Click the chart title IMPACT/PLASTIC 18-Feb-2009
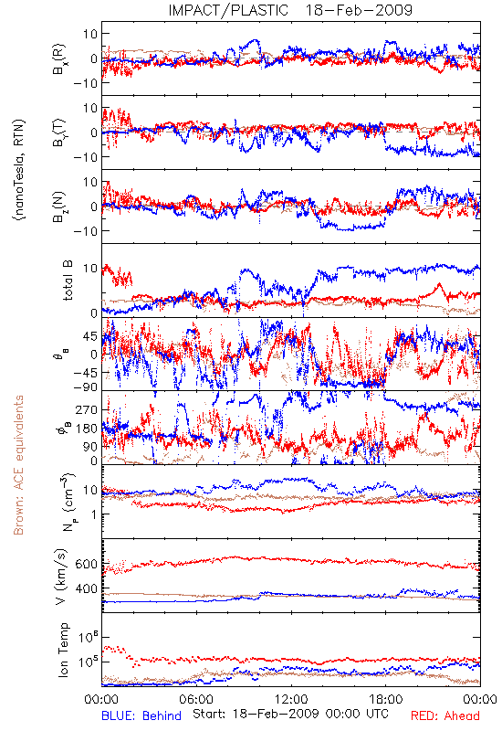click(290, 10)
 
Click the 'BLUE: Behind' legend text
click(141, 715)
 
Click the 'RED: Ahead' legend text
click(444, 715)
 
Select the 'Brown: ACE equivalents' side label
click(18, 465)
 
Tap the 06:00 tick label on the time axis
click(196, 699)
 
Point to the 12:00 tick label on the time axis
click(291, 699)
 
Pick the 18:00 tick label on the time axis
click(386, 699)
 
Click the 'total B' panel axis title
click(68, 281)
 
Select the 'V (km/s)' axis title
click(61, 577)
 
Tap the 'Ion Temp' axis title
click(63, 650)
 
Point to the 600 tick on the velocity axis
click(86, 564)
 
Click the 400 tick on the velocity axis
click(86, 588)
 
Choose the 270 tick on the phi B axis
click(87, 409)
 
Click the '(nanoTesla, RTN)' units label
click(19, 170)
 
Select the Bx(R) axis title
click(59, 58)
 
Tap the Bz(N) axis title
click(59, 207)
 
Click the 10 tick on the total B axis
click(90, 269)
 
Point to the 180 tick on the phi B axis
click(87, 429)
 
